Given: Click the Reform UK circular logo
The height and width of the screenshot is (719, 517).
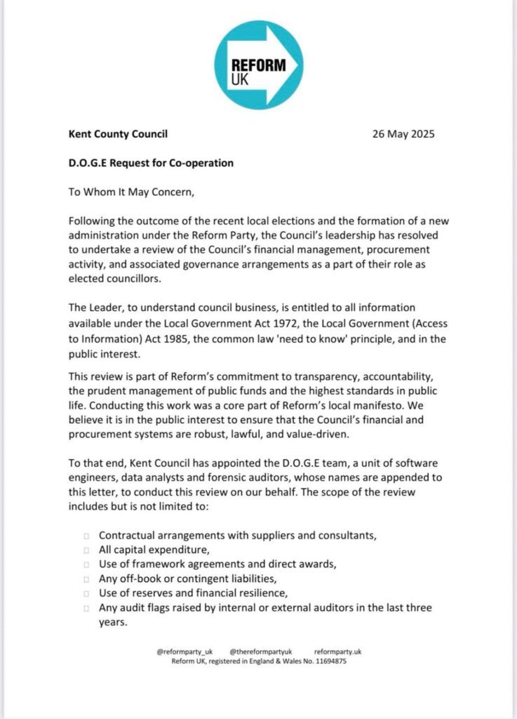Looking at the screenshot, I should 258,65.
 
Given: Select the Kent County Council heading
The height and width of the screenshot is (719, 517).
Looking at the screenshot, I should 119,134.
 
